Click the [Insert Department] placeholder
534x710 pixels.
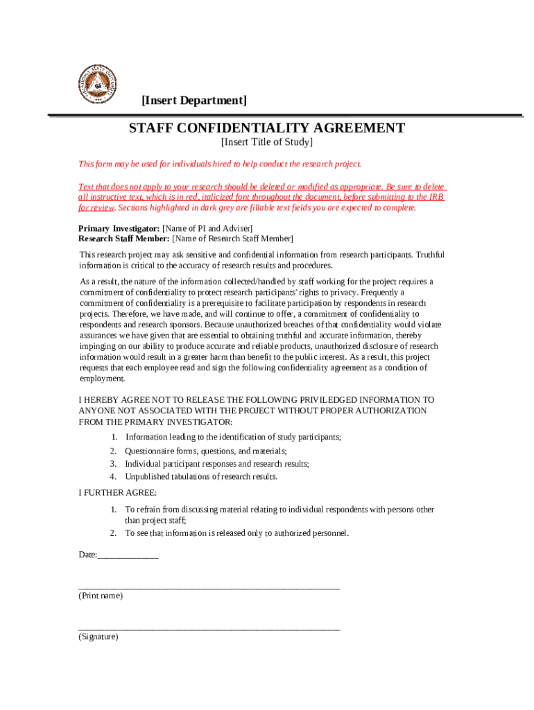tap(193, 101)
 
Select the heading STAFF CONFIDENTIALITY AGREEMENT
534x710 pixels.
tap(266, 128)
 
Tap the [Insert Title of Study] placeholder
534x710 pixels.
tap(266, 143)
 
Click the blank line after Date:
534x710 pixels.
tap(128, 555)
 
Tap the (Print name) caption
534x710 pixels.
tap(101, 596)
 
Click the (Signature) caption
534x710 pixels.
tap(98, 637)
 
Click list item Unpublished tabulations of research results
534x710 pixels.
tap(201, 476)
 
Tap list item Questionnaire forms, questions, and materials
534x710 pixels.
tap(205, 451)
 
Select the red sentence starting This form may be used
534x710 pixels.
tap(220, 164)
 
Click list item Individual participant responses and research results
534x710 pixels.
tap(216, 463)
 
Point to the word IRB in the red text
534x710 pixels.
tap(436, 197)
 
